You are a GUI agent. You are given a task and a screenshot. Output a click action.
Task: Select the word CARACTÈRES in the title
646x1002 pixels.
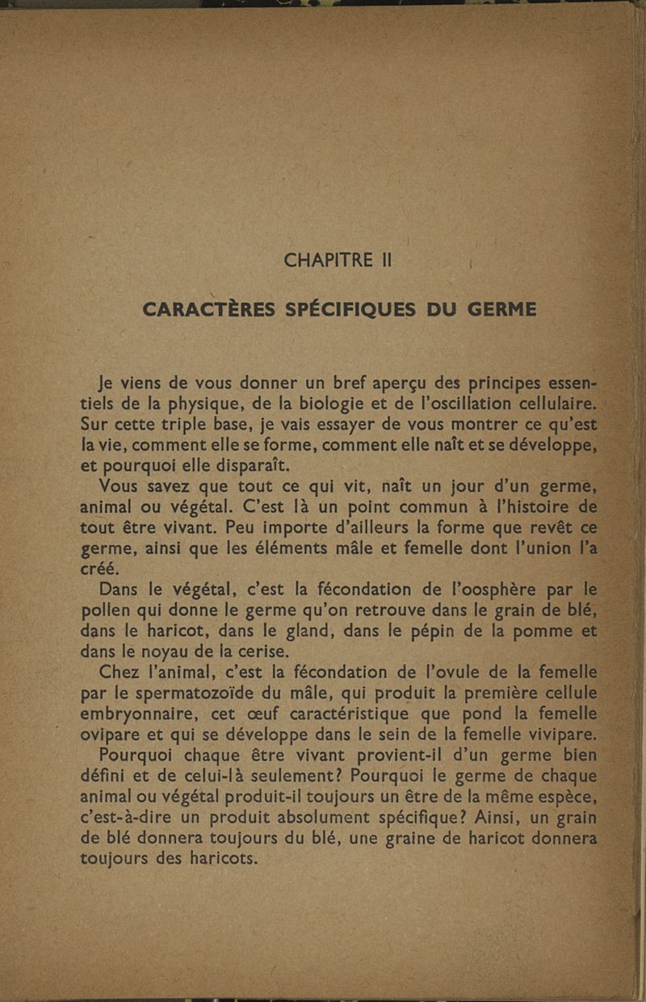[x=212, y=309]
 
